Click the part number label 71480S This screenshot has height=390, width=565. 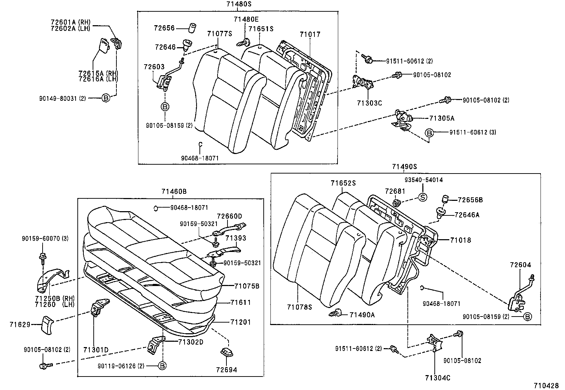click(238, 4)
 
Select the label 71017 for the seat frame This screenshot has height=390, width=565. click(309, 34)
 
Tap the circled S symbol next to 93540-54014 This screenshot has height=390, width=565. click(423, 197)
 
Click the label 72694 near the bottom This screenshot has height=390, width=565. click(226, 370)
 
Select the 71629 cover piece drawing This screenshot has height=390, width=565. click(47, 324)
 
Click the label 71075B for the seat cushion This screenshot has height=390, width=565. click(247, 285)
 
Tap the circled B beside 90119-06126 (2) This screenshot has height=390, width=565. click(162, 366)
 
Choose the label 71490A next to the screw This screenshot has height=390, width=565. click(362, 314)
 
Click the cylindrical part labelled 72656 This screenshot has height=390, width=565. click(192, 27)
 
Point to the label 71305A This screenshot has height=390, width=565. click(442, 118)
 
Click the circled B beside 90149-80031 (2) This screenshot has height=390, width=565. click(106, 98)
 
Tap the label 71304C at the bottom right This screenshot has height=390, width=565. click(437, 378)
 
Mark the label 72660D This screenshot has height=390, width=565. click(229, 216)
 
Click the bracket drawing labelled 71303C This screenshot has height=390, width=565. click(363, 83)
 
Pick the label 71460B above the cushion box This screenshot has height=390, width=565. click(174, 192)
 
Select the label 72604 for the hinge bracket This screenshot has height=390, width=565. click(521, 265)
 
